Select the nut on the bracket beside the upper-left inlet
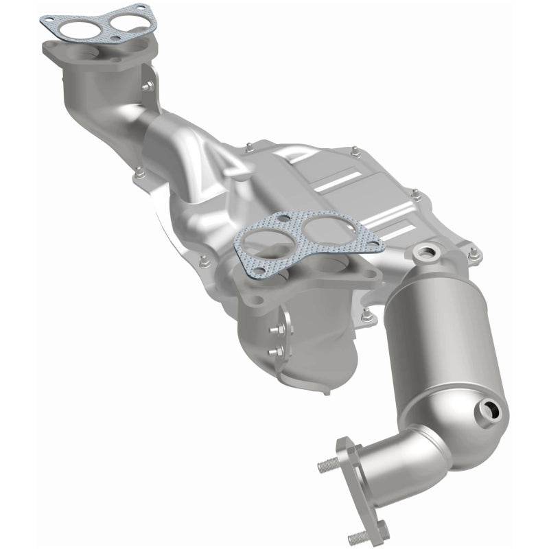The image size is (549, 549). (x=146, y=86)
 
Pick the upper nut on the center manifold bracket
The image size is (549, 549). (x=274, y=330)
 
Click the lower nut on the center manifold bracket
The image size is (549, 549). (x=277, y=352)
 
